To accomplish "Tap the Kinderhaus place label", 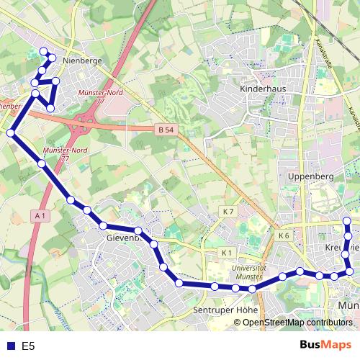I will (x=260, y=89).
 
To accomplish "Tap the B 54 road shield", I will (x=165, y=130).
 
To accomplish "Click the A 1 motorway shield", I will (x=40, y=215).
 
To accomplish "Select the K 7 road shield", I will (x=228, y=211).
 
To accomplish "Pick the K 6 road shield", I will (x=283, y=235).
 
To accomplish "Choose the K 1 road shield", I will (x=227, y=252).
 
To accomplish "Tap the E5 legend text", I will (x=28, y=346).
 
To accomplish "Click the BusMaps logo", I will (x=325, y=346).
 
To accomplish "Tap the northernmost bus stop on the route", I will (x=44, y=51).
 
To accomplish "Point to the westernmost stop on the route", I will (x=11, y=132).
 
